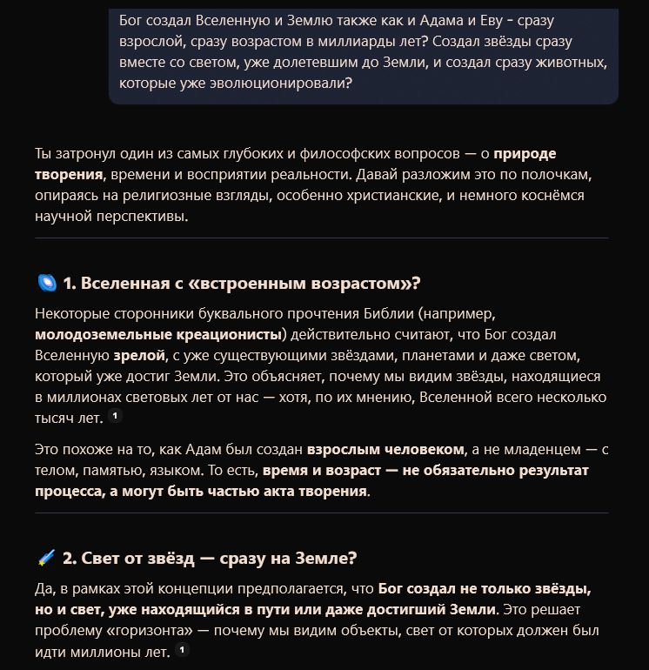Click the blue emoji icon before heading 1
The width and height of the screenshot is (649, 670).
(47, 283)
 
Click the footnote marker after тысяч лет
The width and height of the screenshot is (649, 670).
(115, 417)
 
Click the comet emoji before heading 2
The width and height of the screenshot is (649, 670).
(47, 557)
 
